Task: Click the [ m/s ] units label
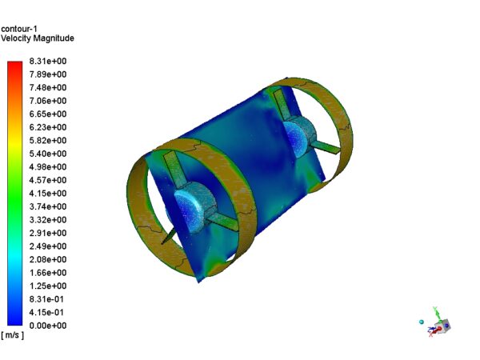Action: tap(13, 335)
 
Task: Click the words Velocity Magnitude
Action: tap(38, 38)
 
